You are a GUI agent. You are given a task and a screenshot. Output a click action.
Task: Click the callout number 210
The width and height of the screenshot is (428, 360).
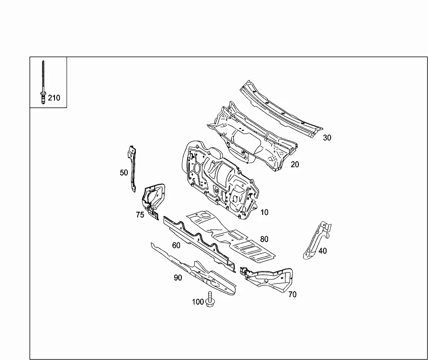pyautogui.click(x=54, y=98)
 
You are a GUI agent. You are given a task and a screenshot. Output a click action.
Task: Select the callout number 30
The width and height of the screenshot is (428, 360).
pyautogui.click(x=327, y=138)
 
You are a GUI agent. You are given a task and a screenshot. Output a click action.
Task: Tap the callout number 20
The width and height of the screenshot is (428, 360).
pyautogui.click(x=295, y=164)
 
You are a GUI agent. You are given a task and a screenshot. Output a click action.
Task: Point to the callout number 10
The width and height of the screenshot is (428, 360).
pyautogui.click(x=264, y=212)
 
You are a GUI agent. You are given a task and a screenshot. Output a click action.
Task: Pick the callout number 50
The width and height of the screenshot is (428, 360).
pyautogui.click(x=124, y=172)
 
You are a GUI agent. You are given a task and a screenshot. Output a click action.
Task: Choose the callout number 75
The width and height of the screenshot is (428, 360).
pyautogui.click(x=140, y=215)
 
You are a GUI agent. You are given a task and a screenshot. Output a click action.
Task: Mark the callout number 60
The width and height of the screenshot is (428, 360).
pyautogui.click(x=176, y=245)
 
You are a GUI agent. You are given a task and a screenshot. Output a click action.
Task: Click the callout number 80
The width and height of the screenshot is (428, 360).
pyautogui.click(x=264, y=239)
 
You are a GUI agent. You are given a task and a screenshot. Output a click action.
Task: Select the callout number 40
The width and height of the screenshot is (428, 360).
pyautogui.click(x=323, y=251)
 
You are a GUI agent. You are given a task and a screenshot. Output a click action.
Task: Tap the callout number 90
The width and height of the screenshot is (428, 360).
pyautogui.click(x=178, y=277)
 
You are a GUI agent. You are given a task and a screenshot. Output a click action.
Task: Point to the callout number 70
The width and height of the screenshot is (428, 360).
pyautogui.click(x=292, y=294)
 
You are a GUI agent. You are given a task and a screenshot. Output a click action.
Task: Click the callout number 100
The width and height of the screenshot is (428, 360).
pyautogui.click(x=198, y=302)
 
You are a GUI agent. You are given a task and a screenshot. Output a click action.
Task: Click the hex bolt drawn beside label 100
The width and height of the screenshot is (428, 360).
pyautogui.click(x=210, y=299)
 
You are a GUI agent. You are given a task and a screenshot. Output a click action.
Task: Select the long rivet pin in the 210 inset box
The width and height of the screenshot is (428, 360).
pyautogui.click(x=43, y=82)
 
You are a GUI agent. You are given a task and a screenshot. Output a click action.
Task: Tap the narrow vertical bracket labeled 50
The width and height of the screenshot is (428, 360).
pyautogui.click(x=133, y=169)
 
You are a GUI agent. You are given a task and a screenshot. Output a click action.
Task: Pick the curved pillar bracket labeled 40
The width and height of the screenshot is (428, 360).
pyautogui.click(x=317, y=241)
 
